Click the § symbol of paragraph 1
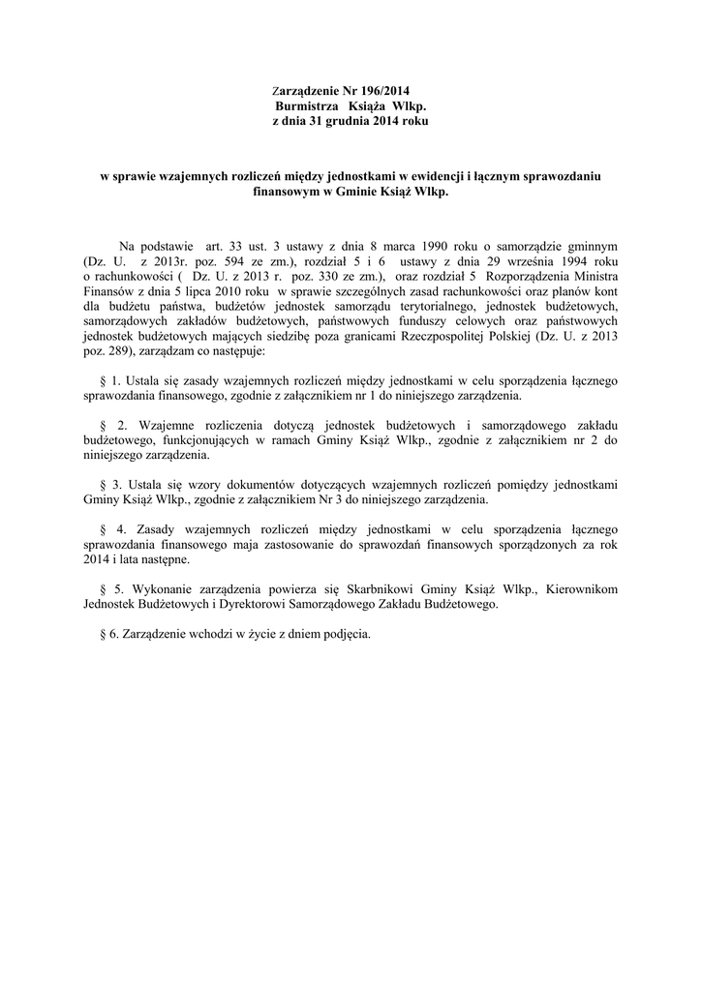click(105, 380)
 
